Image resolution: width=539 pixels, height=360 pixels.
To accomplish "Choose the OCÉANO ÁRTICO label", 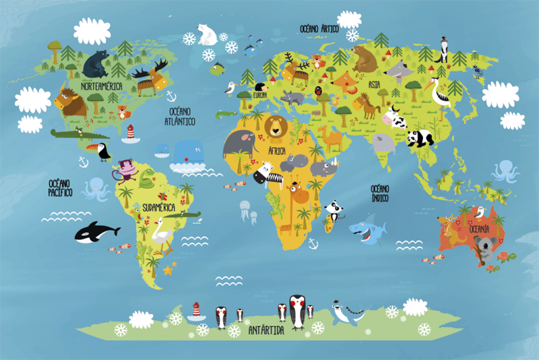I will coord(319,28).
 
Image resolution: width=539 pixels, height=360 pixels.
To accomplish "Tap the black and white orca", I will coord(94,233).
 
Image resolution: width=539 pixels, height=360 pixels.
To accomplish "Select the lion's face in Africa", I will coord(275,126).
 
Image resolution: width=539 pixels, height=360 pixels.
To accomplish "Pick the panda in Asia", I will coord(420,138).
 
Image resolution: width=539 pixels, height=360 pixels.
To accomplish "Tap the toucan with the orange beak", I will coord(103,152).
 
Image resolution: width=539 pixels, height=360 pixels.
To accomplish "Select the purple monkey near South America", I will coord(126,169).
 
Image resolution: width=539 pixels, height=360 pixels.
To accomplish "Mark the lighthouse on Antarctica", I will coord(196,311).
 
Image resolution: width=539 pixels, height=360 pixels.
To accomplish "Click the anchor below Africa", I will coord(313,242).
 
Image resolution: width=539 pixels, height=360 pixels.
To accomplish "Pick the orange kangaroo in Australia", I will coord(447,226).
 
